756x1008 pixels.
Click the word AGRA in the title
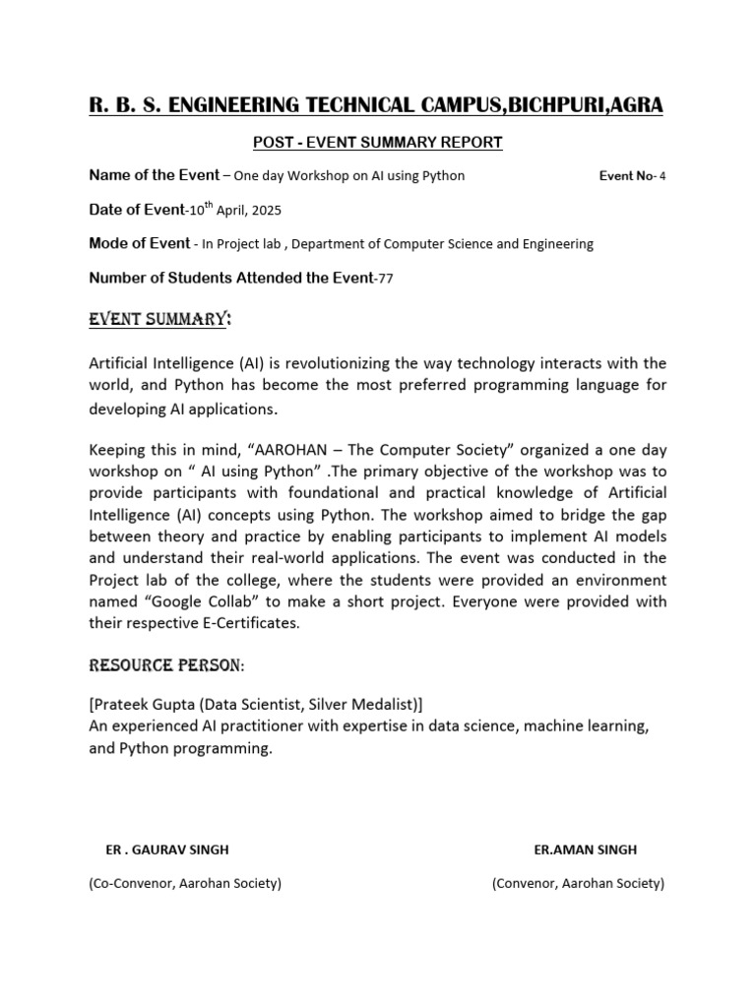point(632,104)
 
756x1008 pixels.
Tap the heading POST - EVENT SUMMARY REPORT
point(378,143)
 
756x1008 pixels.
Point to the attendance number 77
point(385,279)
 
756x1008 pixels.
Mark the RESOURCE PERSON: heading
point(166,666)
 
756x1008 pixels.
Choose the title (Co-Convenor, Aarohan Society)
point(185,883)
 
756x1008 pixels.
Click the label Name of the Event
point(155,175)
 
